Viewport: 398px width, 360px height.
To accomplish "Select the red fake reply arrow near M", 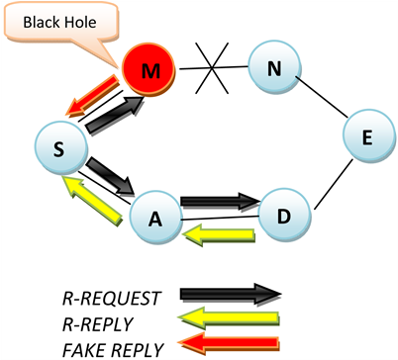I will click(96, 91).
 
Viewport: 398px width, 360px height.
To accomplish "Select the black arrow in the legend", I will click(230, 293).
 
